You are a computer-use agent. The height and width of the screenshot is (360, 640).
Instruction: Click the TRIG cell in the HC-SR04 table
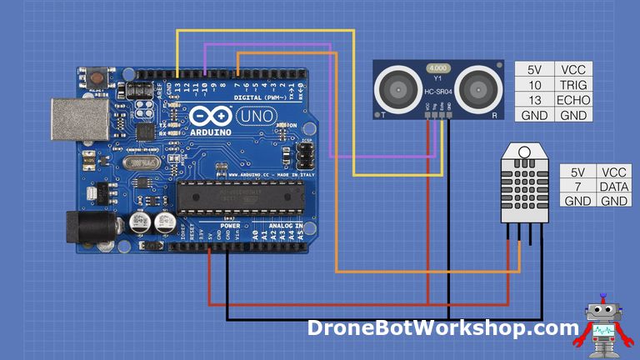(573, 85)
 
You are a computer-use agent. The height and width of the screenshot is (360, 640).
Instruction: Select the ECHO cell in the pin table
(573, 100)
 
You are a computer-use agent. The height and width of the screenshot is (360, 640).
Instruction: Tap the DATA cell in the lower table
(613, 186)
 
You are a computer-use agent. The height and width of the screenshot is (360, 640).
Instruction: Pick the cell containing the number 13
(533, 100)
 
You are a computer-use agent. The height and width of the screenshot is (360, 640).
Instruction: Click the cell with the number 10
(533, 85)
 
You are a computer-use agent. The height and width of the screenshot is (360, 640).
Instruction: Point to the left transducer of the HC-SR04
(398, 86)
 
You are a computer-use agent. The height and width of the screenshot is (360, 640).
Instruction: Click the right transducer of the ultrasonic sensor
(478, 86)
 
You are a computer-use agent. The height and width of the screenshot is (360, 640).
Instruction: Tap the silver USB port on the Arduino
(75, 119)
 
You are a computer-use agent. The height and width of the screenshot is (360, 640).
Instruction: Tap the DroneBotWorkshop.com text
(442, 327)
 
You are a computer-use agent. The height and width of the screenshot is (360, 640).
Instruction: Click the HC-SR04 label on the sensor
(437, 92)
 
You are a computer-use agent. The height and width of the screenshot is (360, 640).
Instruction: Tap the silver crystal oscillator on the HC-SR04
(437, 67)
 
